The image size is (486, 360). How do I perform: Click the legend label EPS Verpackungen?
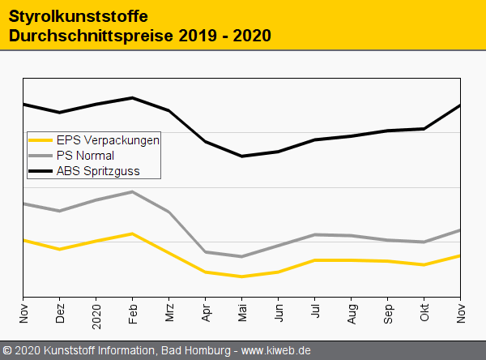pyautogui.click(x=108, y=139)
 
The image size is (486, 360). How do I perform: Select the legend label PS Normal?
pyautogui.click(x=85, y=155)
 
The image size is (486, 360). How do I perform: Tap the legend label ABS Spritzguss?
pyautogui.click(x=98, y=170)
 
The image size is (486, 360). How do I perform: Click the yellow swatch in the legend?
pyautogui.click(x=40, y=139)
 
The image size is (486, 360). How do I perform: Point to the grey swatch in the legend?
pyautogui.click(x=40, y=155)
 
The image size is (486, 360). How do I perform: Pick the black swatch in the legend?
pyautogui.click(x=40, y=170)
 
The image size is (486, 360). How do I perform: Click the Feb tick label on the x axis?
pyautogui.click(x=133, y=312)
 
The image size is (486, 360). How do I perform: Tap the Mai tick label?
pyautogui.click(x=242, y=312)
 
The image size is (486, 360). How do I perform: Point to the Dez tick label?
pyautogui.click(x=60, y=312)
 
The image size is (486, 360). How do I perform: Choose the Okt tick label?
pyautogui.click(x=424, y=313)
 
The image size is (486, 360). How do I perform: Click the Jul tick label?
pyautogui.click(x=315, y=313)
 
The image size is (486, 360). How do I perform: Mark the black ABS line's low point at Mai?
pyautogui.click(x=242, y=156)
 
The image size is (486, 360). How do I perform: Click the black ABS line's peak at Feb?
pyautogui.click(x=133, y=97)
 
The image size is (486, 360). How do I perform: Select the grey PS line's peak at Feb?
pyautogui.click(x=133, y=191)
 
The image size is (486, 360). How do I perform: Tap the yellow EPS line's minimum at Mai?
pyautogui.click(x=242, y=276)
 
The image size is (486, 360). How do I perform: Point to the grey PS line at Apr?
pyautogui.click(x=206, y=252)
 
